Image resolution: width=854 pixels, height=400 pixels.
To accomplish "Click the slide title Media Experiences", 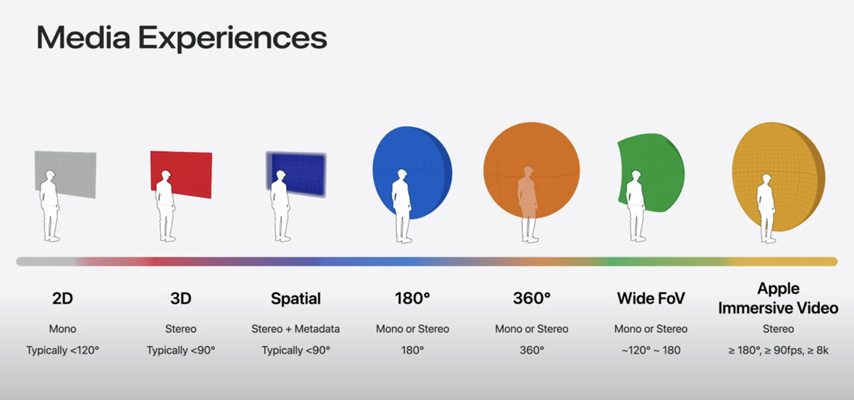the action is [181, 38].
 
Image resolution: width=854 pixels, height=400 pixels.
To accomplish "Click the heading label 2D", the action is [63, 298].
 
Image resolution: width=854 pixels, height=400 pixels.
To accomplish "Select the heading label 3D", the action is [181, 298].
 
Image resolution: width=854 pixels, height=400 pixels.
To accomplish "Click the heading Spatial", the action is [296, 299].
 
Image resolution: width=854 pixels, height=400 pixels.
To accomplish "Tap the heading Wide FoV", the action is [651, 298].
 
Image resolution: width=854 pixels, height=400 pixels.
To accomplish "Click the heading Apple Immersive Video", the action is [778, 298].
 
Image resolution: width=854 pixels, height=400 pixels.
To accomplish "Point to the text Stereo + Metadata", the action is [296, 329].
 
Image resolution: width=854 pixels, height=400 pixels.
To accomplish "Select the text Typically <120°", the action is [63, 350].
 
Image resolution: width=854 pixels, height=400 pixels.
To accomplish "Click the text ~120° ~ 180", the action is [651, 350].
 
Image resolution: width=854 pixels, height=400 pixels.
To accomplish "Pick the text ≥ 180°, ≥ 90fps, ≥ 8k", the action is [778, 350].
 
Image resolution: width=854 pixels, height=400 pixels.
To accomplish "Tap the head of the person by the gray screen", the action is [50, 176].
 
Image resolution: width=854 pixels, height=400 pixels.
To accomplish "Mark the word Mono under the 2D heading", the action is [63, 329].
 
